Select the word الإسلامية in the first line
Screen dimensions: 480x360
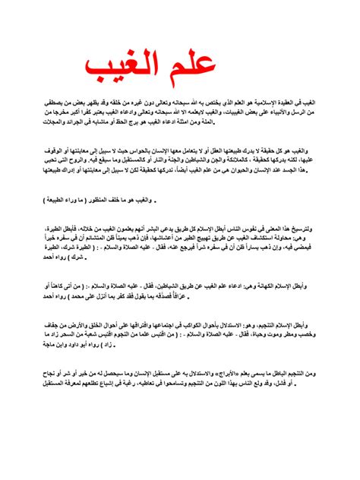click(285, 100)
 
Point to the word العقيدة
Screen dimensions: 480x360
click(313, 100)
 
